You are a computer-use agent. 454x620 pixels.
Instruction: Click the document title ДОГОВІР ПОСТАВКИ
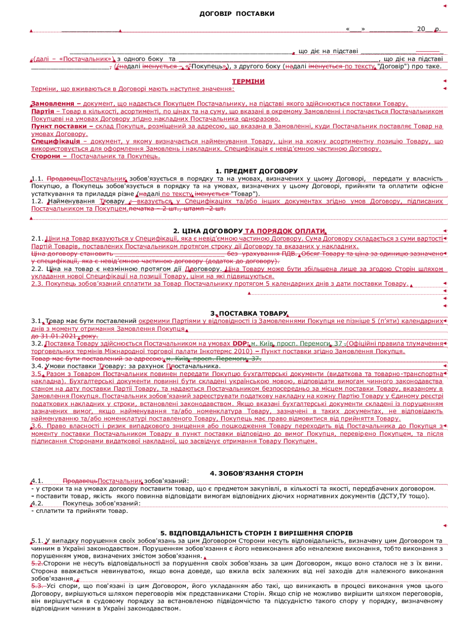237,14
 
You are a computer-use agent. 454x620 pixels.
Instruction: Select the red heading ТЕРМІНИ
248,82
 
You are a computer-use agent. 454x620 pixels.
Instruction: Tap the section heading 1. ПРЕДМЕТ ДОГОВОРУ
256,171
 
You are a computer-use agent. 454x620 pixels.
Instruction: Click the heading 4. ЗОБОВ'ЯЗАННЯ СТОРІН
256,474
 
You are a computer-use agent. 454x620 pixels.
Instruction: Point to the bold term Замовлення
53,104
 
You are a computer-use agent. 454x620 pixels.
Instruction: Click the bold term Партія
43,111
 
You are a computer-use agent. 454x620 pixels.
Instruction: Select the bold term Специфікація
56,141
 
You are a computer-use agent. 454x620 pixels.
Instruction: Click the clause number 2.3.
37,284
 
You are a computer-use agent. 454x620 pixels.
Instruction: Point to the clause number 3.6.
37,426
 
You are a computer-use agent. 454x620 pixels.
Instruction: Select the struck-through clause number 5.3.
37,586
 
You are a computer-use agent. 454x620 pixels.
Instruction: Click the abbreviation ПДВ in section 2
289,254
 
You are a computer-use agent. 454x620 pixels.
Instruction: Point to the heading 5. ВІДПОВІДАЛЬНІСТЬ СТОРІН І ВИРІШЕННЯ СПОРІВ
256,533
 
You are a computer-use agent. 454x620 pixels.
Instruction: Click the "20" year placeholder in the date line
421,29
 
